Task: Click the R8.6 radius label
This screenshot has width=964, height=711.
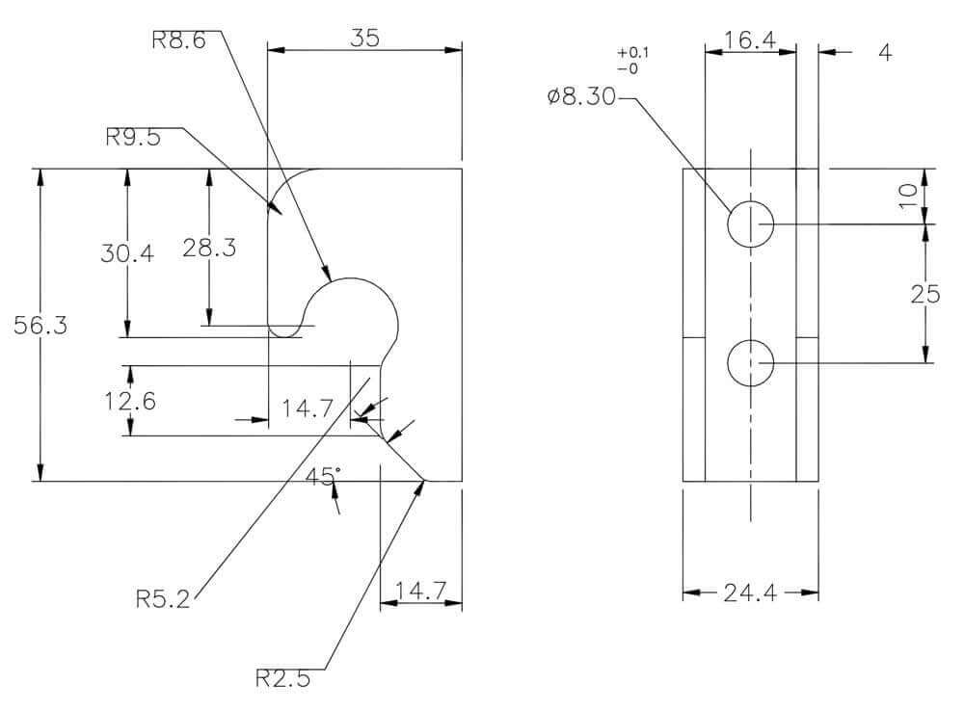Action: pyautogui.click(x=178, y=39)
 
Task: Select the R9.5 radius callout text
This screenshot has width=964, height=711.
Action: pyautogui.click(x=133, y=137)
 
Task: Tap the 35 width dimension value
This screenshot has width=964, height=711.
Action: pyautogui.click(x=364, y=39)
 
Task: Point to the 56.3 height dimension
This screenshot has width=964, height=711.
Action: pyautogui.click(x=40, y=325)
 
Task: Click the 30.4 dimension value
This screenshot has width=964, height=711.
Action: pyautogui.click(x=127, y=253)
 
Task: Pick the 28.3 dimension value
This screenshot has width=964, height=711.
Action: pyautogui.click(x=209, y=248)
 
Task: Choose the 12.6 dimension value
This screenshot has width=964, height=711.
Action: pyautogui.click(x=130, y=402)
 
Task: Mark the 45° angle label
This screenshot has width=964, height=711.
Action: pyautogui.click(x=323, y=476)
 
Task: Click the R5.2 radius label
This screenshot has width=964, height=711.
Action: pyautogui.click(x=163, y=598)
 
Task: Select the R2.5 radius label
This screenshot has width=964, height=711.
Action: pyautogui.click(x=282, y=678)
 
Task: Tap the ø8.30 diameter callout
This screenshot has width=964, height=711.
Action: pyautogui.click(x=581, y=96)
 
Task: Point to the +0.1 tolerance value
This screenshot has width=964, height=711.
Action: pyautogui.click(x=632, y=53)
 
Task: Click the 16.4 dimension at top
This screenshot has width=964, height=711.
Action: pyautogui.click(x=750, y=39)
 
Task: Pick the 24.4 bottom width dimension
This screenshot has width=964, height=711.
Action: pyautogui.click(x=750, y=593)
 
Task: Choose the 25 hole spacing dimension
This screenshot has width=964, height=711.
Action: pyautogui.click(x=925, y=295)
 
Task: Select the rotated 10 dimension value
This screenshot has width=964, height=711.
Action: pyautogui.click(x=908, y=196)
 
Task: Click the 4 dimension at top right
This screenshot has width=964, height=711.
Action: pyautogui.click(x=885, y=53)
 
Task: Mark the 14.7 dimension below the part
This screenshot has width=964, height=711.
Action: pyautogui.click(x=420, y=592)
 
